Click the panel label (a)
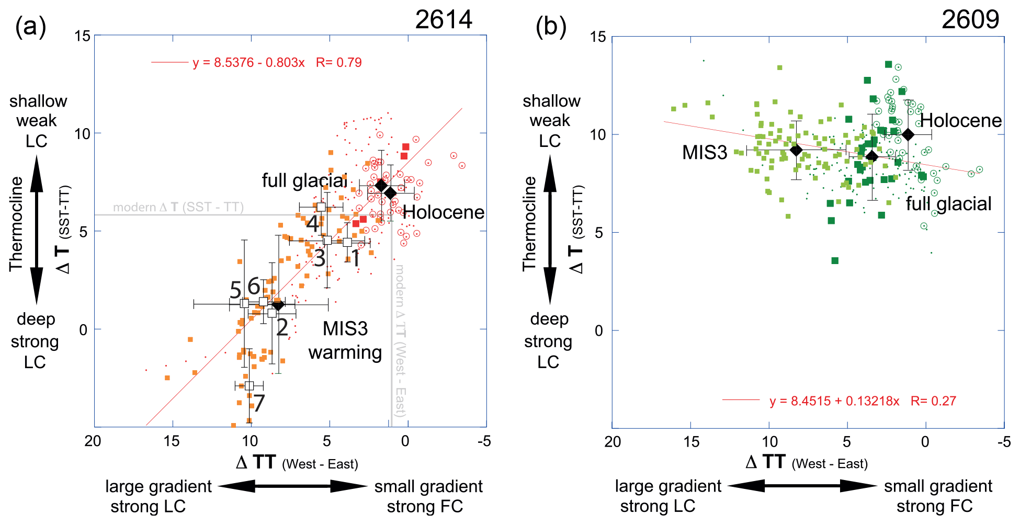click(30, 26)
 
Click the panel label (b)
click(551, 26)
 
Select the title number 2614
click(444, 20)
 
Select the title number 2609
click(970, 20)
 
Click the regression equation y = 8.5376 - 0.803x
click(248, 63)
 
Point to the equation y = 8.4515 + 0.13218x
click(834, 401)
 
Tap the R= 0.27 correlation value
click(933, 401)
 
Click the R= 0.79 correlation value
click(339, 63)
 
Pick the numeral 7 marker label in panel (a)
click(259, 403)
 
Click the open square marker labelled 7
click(249, 386)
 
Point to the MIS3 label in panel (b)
click(705, 153)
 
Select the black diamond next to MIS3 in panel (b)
click(796, 150)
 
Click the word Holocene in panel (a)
click(444, 212)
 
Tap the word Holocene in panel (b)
click(961, 121)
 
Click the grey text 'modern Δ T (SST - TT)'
click(178, 208)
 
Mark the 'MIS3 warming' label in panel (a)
click(345, 340)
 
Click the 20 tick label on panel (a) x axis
click(93, 441)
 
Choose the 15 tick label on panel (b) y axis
click(598, 37)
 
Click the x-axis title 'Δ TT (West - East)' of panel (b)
click(806, 463)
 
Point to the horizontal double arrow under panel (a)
click(293, 486)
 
